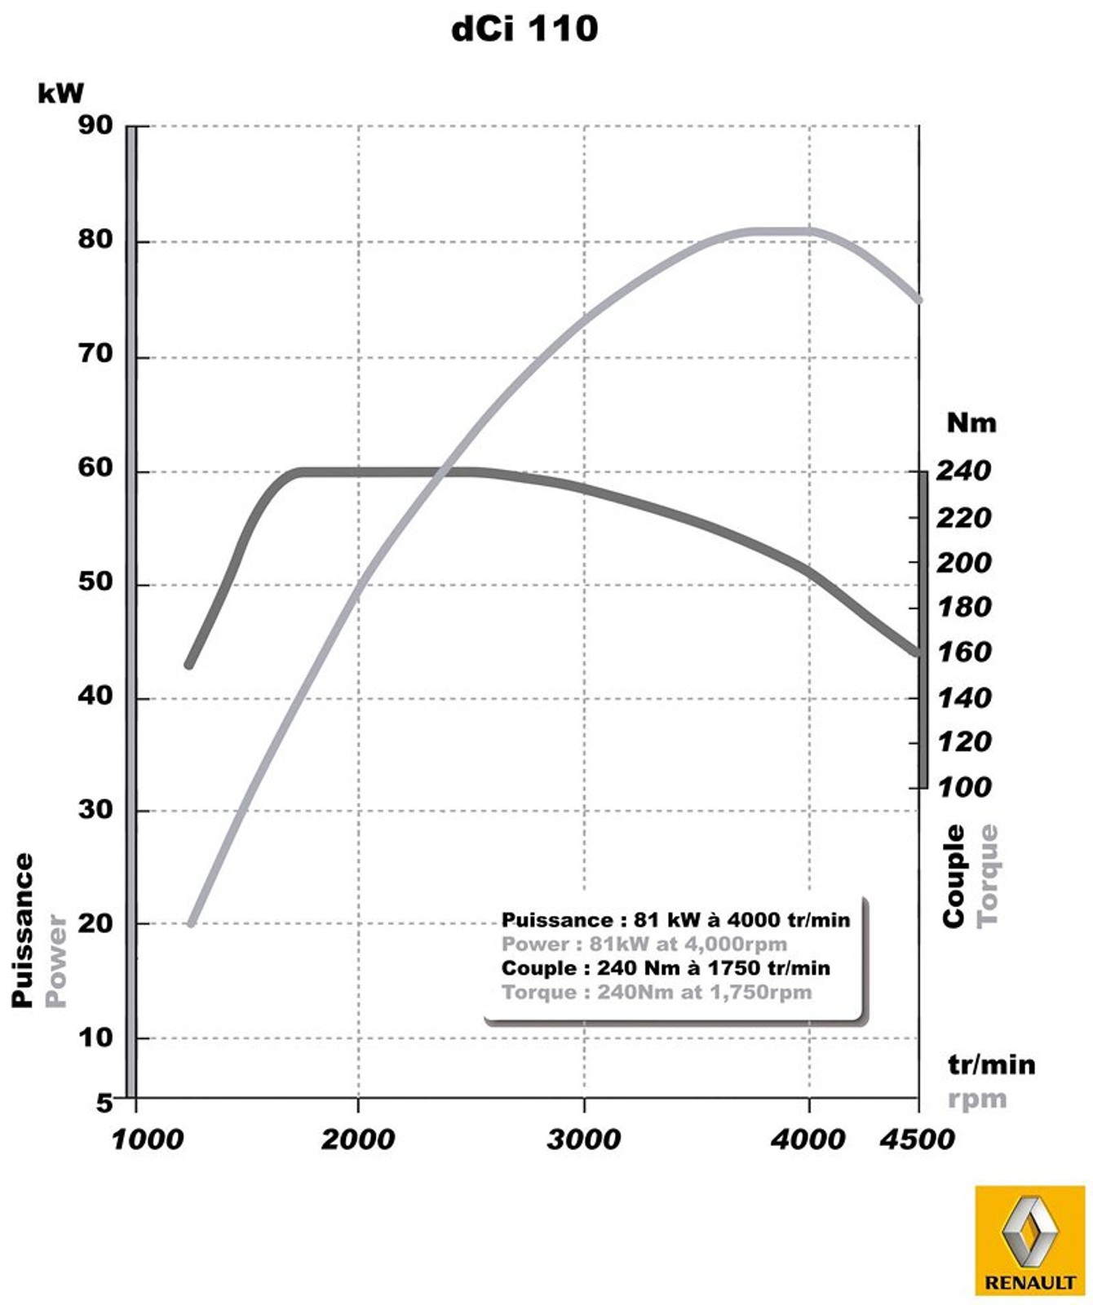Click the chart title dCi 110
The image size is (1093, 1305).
(524, 29)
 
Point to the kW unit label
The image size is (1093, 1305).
(60, 93)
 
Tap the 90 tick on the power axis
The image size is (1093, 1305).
(95, 126)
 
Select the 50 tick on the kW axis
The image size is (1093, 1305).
(95, 582)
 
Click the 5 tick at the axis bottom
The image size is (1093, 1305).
(104, 1104)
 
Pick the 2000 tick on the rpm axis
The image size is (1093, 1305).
(357, 1139)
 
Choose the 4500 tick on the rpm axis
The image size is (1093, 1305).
(917, 1139)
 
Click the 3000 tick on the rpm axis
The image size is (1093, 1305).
(583, 1139)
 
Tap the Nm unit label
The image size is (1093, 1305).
(971, 422)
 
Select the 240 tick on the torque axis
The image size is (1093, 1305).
(963, 471)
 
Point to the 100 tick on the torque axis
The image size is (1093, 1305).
(963, 787)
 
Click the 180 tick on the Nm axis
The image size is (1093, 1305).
(963, 607)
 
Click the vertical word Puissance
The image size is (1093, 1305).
(23, 930)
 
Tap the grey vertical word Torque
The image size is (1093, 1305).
(987, 875)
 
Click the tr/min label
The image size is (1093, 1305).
(991, 1064)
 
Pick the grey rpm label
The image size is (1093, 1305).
(976, 1099)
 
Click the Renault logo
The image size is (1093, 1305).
(1029, 1240)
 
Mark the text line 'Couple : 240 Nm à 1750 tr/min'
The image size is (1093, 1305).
(666, 968)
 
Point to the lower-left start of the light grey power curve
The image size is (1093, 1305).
(191, 923)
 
